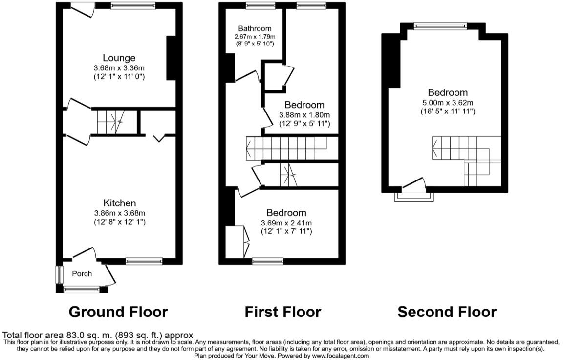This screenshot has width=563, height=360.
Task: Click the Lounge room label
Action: [x=119, y=58]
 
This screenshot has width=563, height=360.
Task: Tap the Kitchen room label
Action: [x=120, y=203]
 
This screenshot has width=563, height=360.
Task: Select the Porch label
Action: [x=82, y=274]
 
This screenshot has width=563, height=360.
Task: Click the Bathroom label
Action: [x=255, y=28]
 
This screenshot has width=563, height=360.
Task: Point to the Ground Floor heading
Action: [x=118, y=312]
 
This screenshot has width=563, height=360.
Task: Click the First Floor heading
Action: [x=283, y=312]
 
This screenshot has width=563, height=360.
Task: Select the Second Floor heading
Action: [x=447, y=312]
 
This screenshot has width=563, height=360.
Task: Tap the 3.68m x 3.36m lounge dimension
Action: [x=119, y=68]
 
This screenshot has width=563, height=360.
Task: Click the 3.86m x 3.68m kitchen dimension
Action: [x=120, y=213]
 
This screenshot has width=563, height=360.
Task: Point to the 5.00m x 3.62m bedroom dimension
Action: [x=448, y=103]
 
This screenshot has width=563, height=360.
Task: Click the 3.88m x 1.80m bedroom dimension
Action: [x=304, y=115]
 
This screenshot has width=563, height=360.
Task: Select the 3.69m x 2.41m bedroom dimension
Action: [x=286, y=223]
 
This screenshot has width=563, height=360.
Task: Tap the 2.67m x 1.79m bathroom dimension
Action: [x=255, y=37]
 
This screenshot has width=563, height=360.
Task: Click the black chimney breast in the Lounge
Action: [x=172, y=58]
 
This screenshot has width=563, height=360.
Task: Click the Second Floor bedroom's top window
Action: [x=440, y=26]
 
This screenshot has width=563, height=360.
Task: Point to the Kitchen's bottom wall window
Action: [x=144, y=261]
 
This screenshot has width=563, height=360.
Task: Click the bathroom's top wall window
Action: [x=260, y=5]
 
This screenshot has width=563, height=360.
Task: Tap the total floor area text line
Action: [x=98, y=336]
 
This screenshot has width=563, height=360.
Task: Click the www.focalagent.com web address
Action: [x=335, y=356]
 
